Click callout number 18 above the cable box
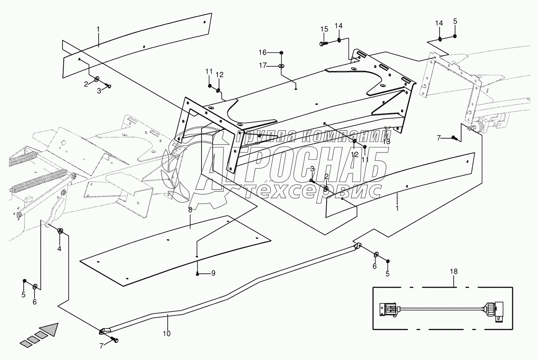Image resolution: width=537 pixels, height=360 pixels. point(454,271)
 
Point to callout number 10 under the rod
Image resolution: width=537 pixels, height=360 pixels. point(167,333)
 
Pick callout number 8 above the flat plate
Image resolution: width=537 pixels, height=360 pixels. point(190,210)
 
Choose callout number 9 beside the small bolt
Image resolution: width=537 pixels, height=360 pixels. point(213,273)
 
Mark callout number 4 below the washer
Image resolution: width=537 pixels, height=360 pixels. point(59,248)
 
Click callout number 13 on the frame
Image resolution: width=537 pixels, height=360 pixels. point(386,141)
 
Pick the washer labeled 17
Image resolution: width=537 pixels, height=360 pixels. point(281,66)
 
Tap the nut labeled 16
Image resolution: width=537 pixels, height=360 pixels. point(281,52)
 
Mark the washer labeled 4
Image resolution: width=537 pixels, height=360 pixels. point(61,231)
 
